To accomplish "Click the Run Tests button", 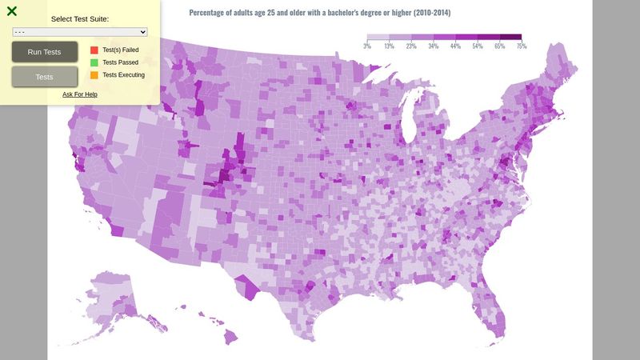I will click(x=45, y=52).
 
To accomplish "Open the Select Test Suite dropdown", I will click(x=80, y=31).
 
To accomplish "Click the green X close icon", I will click(x=12, y=11).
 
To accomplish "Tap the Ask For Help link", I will click(x=80, y=94).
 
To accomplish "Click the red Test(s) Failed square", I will click(x=94, y=50).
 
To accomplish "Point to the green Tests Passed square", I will click(x=94, y=62).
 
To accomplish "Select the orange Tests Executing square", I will click(x=94, y=75).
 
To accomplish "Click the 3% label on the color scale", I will click(x=367, y=46).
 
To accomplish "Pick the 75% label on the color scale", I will click(x=522, y=46).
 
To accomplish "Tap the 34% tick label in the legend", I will click(x=433, y=46).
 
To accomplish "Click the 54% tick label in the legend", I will click(x=478, y=46).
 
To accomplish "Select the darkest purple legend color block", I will click(x=510, y=37).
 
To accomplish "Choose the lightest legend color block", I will click(x=378, y=37).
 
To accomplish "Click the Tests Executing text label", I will click(x=123, y=75).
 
